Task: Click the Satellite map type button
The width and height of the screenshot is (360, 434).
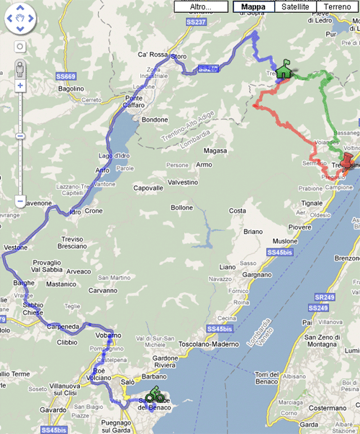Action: click(295, 6)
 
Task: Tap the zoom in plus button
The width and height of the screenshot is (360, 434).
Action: click(20, 85)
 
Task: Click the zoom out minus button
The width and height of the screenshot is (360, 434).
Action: click(20, 201)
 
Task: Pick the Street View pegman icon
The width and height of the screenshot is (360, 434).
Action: click(20, 68)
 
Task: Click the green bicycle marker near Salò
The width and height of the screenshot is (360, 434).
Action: click(153, 395)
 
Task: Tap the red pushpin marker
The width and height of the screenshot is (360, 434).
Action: click(350, 160)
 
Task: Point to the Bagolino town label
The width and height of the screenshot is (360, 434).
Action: click(71, 89)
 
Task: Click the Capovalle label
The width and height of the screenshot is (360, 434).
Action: click(148, 189)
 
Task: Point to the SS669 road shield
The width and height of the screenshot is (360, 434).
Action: click(66, 76)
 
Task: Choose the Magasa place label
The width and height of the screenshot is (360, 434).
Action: click(215, 151)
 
